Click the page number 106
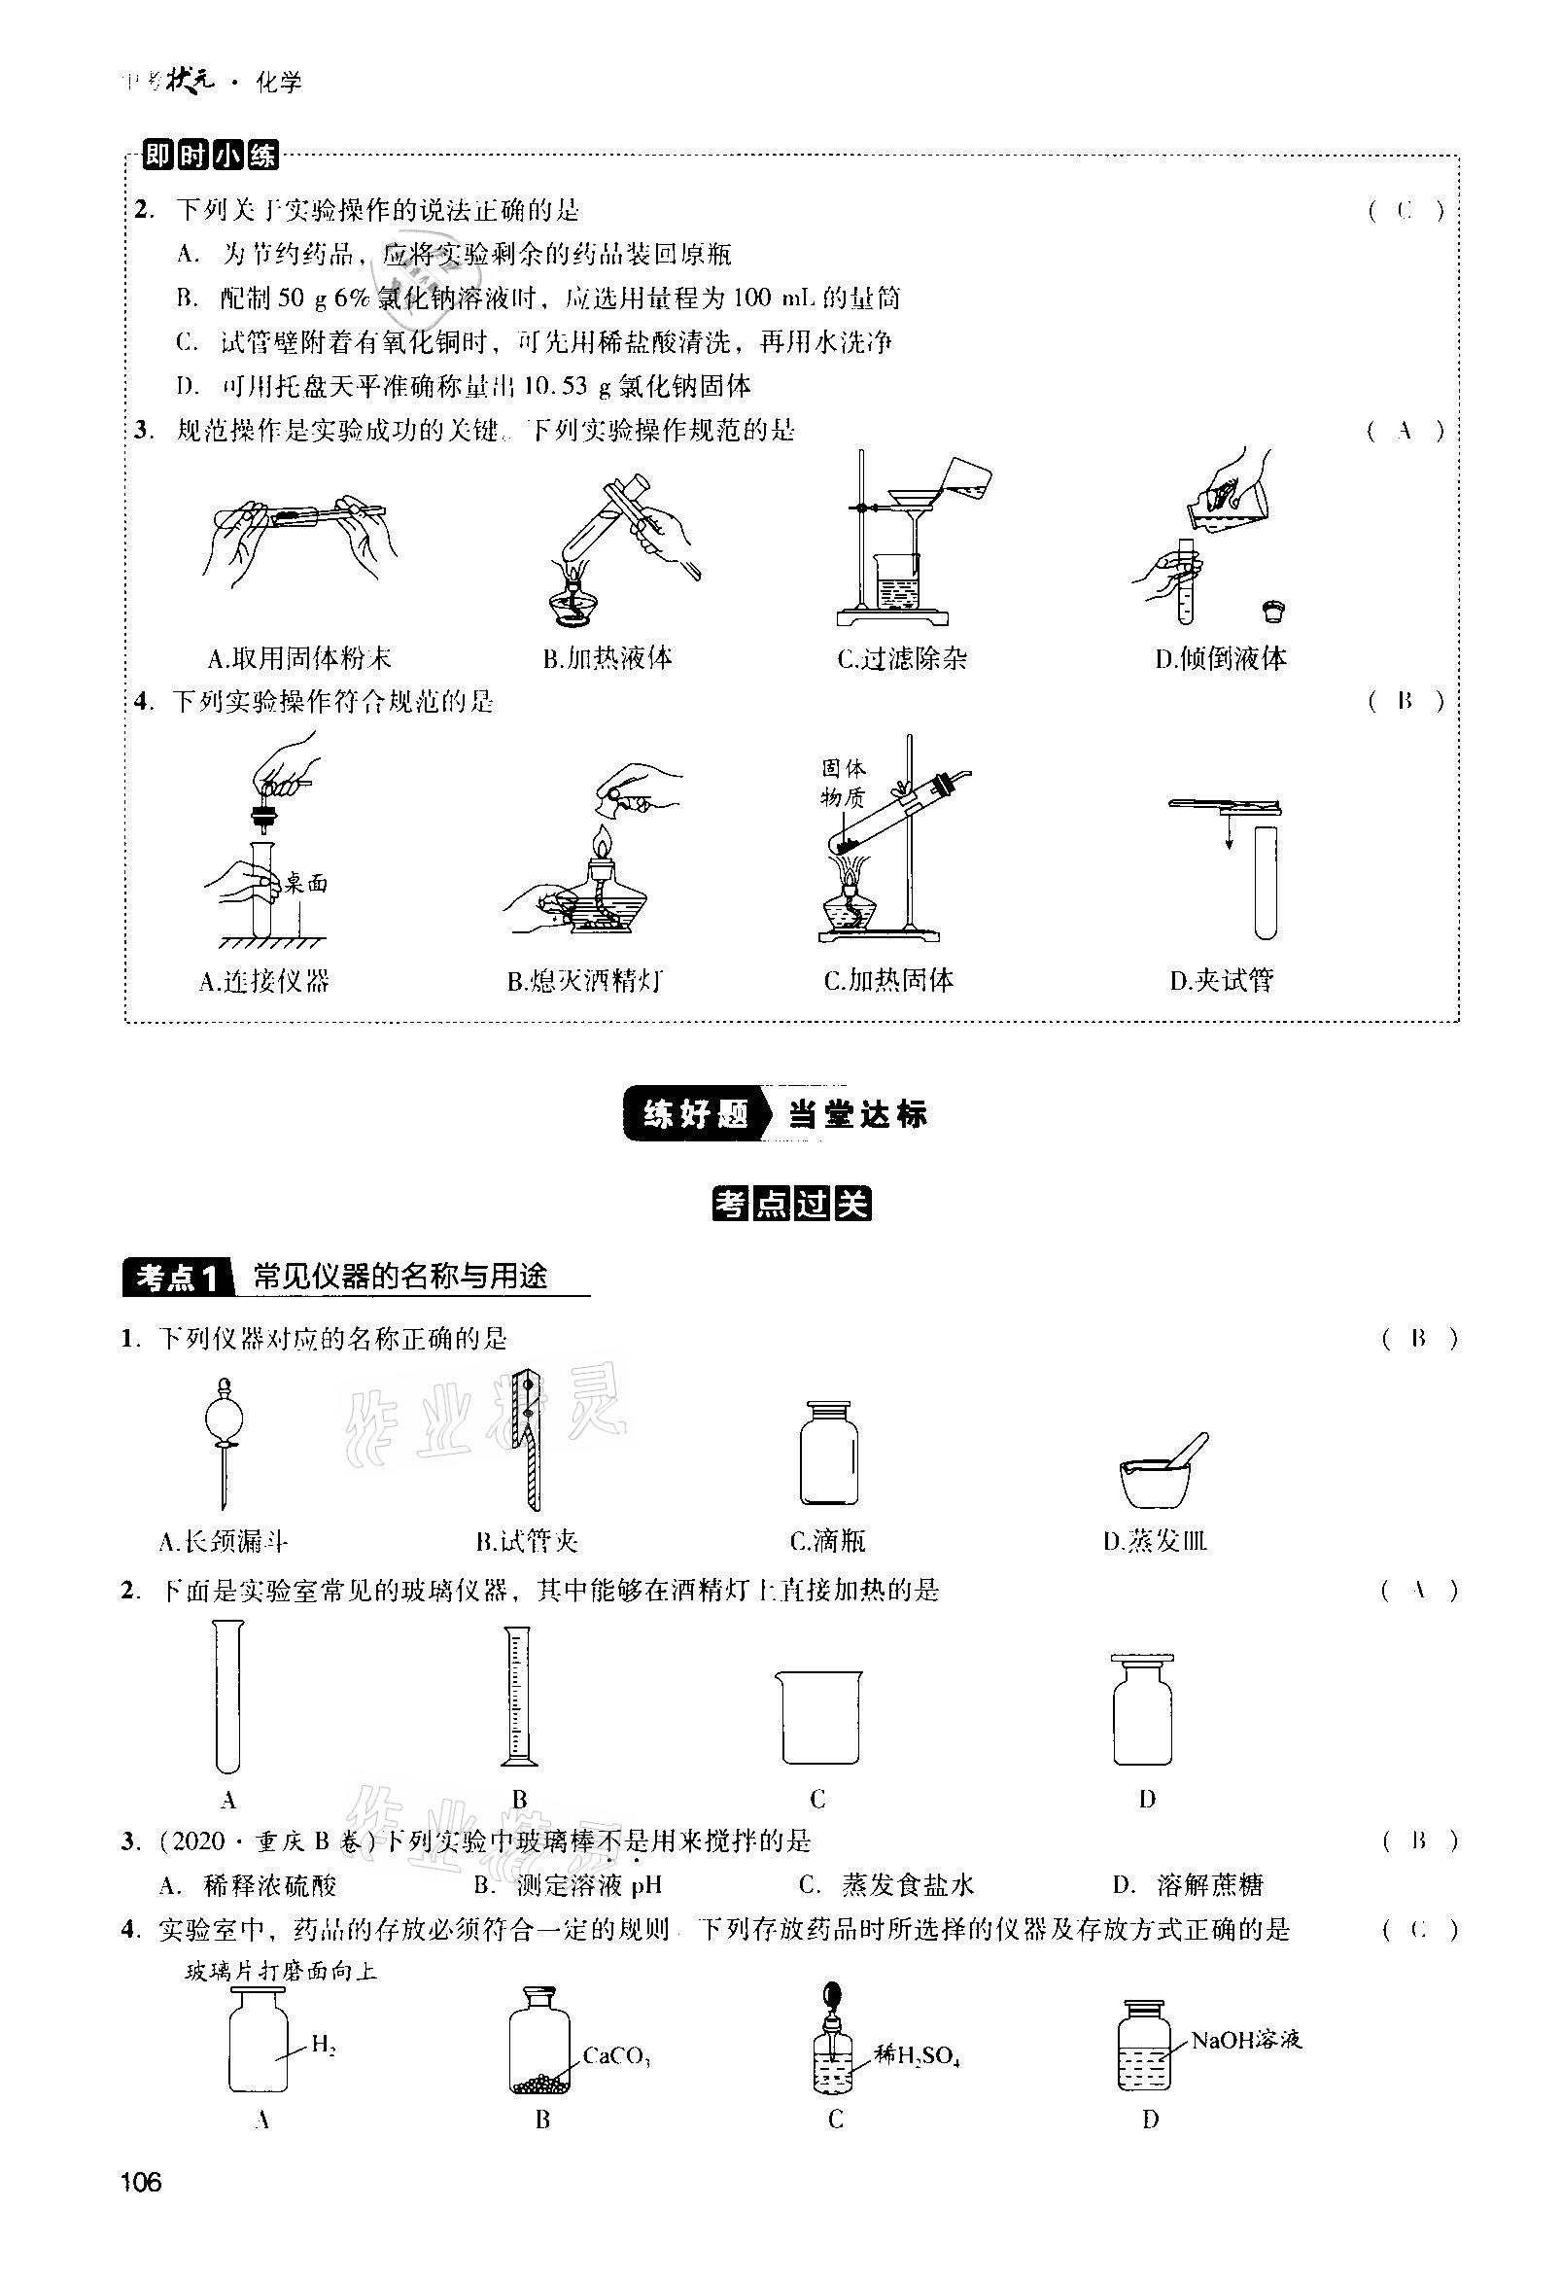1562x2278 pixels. coord(141,2210)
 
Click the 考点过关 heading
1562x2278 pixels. coord(792,1205)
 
